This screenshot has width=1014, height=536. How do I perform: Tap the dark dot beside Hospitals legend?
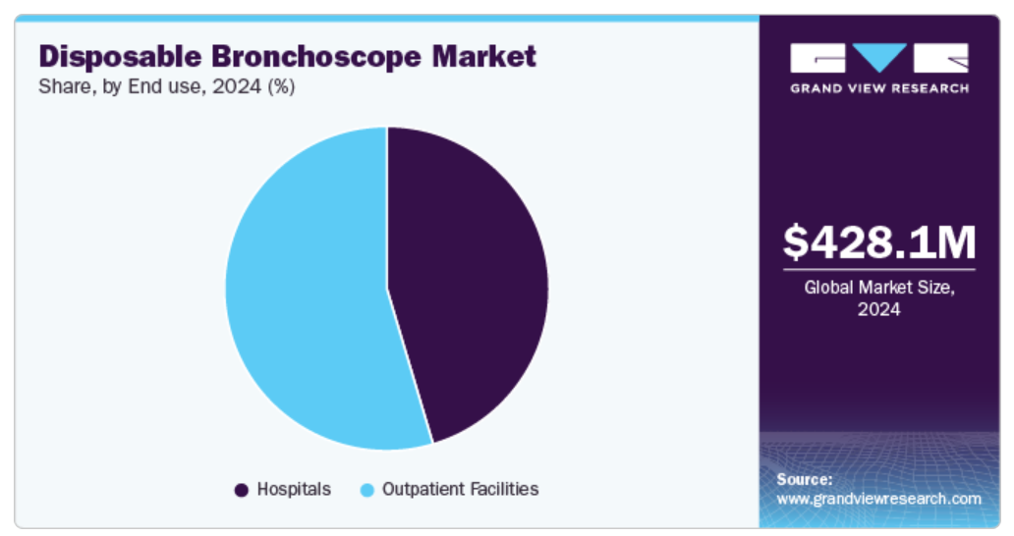[241, 490]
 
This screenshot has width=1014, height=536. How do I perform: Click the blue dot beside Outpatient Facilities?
[366, 490]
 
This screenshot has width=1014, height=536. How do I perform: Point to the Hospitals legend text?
[294, 490]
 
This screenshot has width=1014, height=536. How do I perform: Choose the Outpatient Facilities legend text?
[461, 490]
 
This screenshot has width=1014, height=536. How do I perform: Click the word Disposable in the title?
[120, 57]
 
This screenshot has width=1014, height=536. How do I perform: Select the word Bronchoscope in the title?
[317, 57]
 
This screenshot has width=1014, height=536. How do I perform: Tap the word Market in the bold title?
[484, 56]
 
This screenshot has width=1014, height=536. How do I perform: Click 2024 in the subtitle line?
[237, 86]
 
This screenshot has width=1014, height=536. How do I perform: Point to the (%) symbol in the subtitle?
[281, 87]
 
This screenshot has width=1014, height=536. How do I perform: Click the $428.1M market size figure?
[879, 242]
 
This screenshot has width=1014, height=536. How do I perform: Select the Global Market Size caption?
[879, 288]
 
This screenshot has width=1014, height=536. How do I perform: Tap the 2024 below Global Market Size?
[878, 309]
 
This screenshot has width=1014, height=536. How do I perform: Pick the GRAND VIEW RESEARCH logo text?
[879, 88]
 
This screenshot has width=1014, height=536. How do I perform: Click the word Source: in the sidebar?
[805, 480]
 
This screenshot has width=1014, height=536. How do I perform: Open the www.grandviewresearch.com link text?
[878, 500]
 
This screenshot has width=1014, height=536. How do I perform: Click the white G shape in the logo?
[817, 58]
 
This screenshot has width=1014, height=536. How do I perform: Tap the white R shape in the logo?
[941, 58]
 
